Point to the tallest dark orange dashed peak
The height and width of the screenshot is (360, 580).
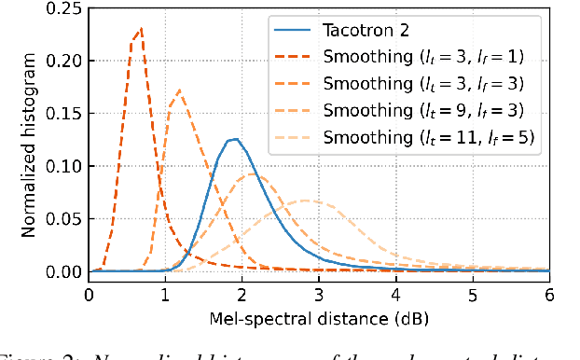point(141,28)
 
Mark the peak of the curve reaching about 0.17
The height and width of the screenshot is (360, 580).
point(178,90)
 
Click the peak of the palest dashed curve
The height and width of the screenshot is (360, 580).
point(307,201)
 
